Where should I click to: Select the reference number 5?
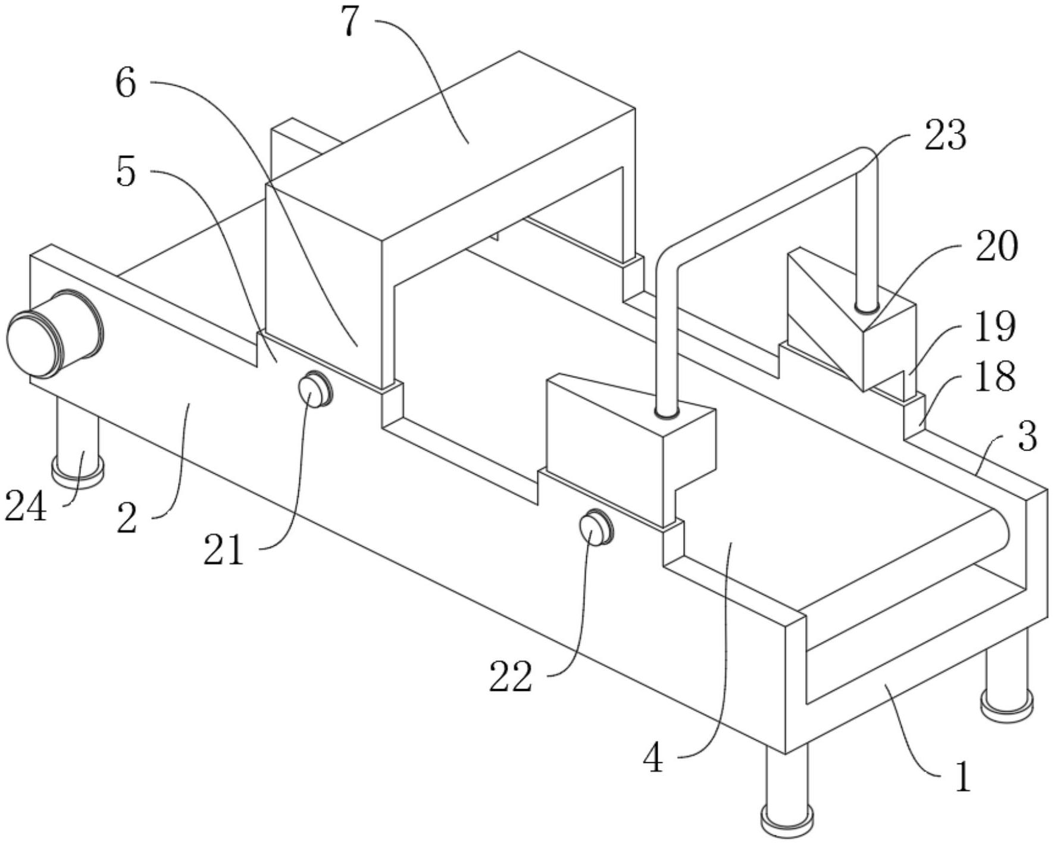coord(126,173)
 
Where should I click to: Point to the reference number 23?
coord(945,134)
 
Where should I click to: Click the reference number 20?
coord(996,246)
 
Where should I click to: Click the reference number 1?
coord(962,777)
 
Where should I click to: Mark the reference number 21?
coord(224,550)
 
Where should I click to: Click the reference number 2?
coord(127,518)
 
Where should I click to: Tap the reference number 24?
coord(26,507)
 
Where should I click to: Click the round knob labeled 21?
coord(314,389)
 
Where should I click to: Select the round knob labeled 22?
coord(596,527)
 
